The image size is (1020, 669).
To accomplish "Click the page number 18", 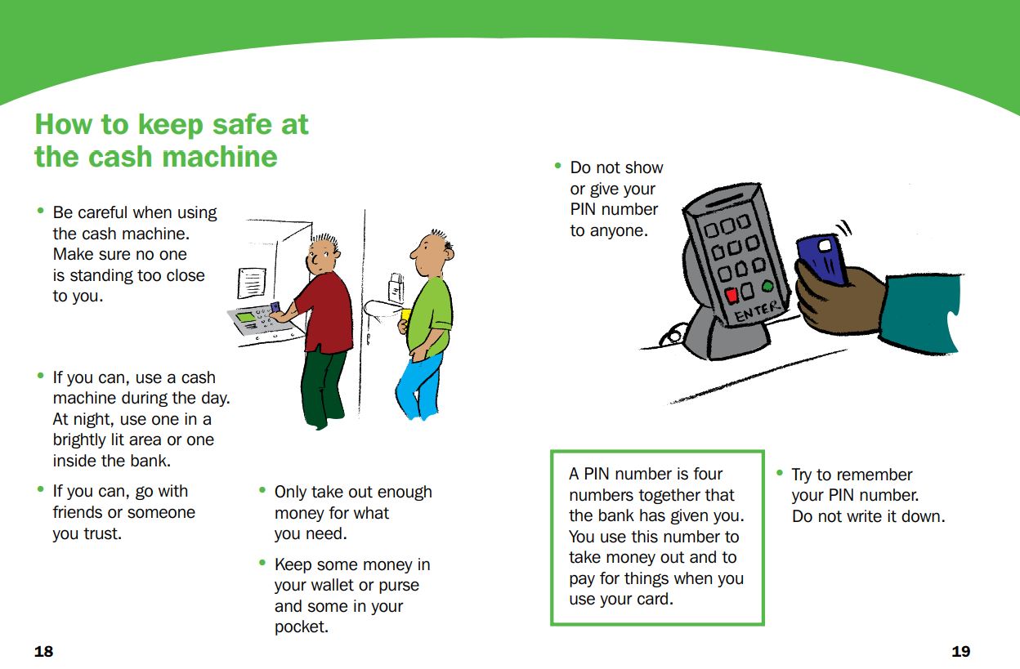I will [x=43, y=651].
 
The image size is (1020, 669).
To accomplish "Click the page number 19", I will [x=961, y=651].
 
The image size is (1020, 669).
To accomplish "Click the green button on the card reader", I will [x=767, y=286].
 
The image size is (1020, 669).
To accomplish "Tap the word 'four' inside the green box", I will [x=708, y=474].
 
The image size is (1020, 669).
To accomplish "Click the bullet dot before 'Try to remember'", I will [x=780, y=474].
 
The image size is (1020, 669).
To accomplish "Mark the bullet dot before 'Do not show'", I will [x=558, y=167].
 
